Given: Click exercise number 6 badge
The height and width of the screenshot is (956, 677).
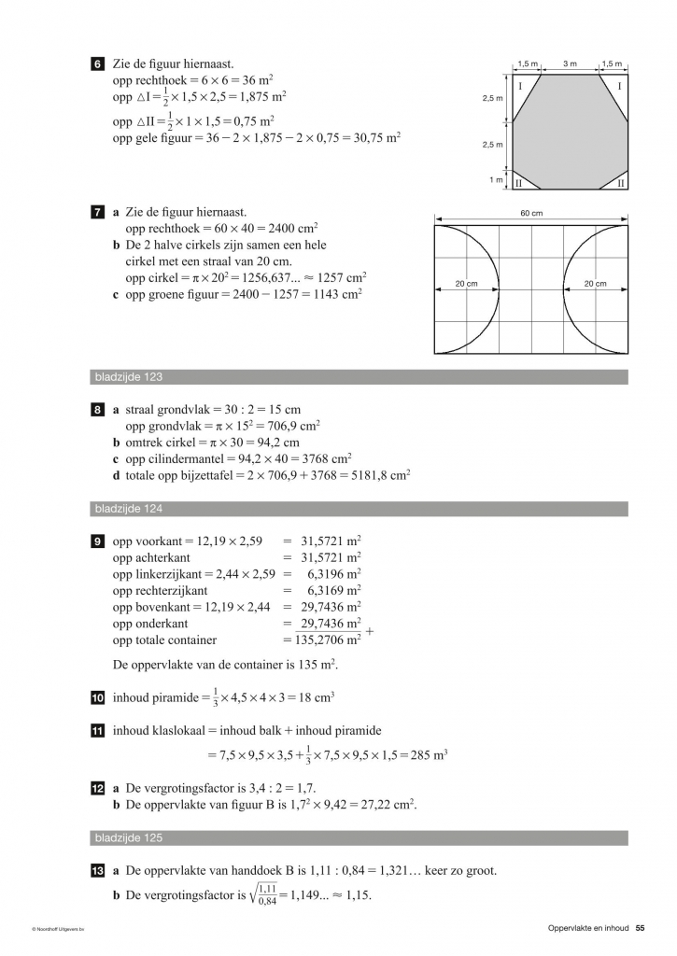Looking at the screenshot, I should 99,63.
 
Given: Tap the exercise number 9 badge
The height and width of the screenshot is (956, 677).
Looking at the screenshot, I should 99,540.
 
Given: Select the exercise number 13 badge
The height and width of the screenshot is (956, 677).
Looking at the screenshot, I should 99,870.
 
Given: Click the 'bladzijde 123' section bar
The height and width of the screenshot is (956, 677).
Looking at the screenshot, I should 360,377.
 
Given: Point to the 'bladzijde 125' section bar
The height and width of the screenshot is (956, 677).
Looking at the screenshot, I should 360,837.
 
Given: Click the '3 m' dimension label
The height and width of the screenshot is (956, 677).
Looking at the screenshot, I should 570,63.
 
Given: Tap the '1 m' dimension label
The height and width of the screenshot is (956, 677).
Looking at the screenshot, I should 496,179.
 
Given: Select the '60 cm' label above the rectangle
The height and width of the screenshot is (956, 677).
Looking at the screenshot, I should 530,214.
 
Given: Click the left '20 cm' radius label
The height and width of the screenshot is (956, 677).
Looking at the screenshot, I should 466,284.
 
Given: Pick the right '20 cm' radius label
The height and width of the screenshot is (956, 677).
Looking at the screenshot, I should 595,284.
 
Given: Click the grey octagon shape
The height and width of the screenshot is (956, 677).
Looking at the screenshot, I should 570,131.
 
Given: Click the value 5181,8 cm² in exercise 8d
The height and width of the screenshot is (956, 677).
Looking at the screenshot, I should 380,474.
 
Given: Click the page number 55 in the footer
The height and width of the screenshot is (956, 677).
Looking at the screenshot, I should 640,927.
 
